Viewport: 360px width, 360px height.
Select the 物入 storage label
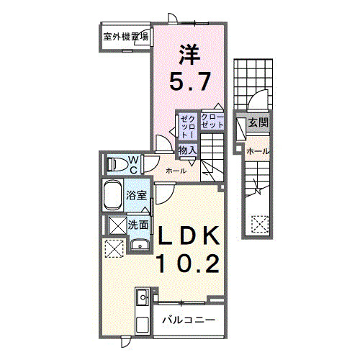188,150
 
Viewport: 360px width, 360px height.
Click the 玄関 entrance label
258,123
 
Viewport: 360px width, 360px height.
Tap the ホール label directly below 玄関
258,151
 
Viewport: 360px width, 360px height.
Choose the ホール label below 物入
176,171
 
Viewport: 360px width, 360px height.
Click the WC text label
134,164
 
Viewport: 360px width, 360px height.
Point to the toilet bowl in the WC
116,164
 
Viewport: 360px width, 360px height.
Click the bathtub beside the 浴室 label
114,195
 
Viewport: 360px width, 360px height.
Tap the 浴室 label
137,195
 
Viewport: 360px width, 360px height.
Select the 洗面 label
139,225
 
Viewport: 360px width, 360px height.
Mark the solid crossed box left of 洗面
116,225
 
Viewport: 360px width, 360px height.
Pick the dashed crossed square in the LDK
114,249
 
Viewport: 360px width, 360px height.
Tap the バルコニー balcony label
187,319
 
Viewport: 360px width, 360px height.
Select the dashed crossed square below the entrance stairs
258,224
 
